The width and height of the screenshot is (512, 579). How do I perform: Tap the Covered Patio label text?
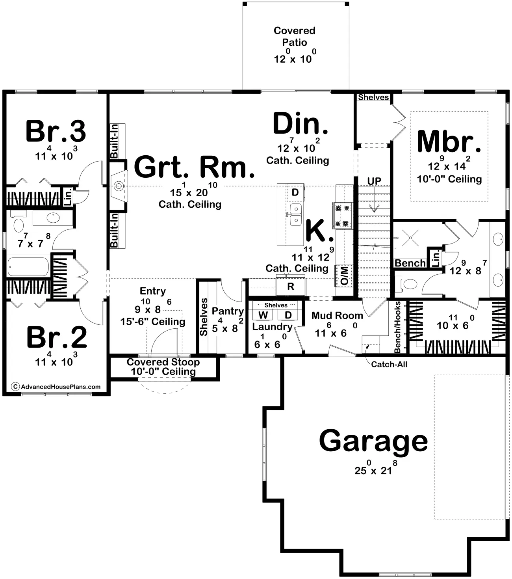tap(295, 36)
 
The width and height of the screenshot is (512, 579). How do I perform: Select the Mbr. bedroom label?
tap(449, 142)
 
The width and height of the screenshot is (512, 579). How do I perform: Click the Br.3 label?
tap(56, 131)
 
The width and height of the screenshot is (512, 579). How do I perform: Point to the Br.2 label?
tap(57, 337)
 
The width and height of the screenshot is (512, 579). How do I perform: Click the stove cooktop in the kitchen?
tap(343, 216)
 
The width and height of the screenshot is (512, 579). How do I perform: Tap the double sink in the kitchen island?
tap(296, 214)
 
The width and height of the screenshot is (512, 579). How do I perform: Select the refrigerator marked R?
tap(290, 286)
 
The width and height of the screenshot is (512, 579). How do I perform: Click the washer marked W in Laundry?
tap(263, 315)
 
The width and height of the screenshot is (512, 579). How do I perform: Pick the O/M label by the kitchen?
tap(344, 276)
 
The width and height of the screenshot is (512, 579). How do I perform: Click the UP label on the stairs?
tap(374, 181)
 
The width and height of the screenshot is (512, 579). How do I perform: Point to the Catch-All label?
tap(389, 364)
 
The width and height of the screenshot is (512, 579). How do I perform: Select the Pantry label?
tap(228, 311)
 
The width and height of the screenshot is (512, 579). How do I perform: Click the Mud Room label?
tap(337, 315)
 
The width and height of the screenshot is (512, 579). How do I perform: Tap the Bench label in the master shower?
tap(410, 263)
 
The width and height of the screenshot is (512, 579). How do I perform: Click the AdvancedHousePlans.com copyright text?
tap(56, 387)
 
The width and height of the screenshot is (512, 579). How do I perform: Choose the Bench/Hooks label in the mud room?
tap(397, 327)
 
